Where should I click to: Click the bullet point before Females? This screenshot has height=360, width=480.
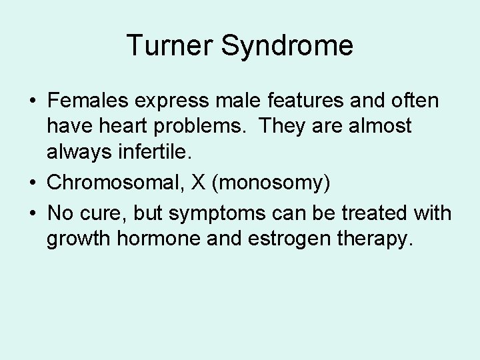[x=33, y=102]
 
